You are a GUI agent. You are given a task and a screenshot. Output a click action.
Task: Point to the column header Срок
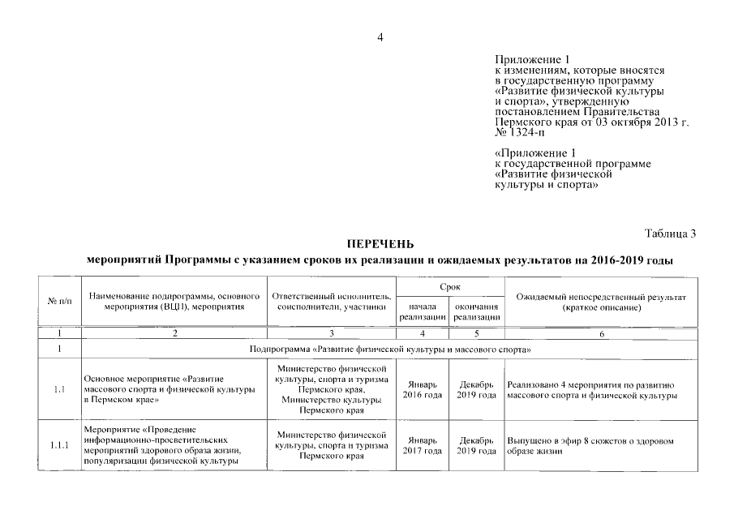pos(449,287)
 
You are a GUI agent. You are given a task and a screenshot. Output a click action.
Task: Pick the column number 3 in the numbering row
pos(332,333)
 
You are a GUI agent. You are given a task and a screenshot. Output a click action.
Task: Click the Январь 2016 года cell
pos(423,389)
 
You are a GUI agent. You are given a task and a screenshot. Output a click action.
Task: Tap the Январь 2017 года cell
pos(423,445)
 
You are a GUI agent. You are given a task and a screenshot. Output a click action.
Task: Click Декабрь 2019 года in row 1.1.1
pos(476,445)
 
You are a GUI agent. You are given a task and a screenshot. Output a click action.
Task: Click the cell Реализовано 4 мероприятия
pos(590,389)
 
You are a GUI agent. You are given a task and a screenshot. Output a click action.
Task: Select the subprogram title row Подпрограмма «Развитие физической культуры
pos(380,349)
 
